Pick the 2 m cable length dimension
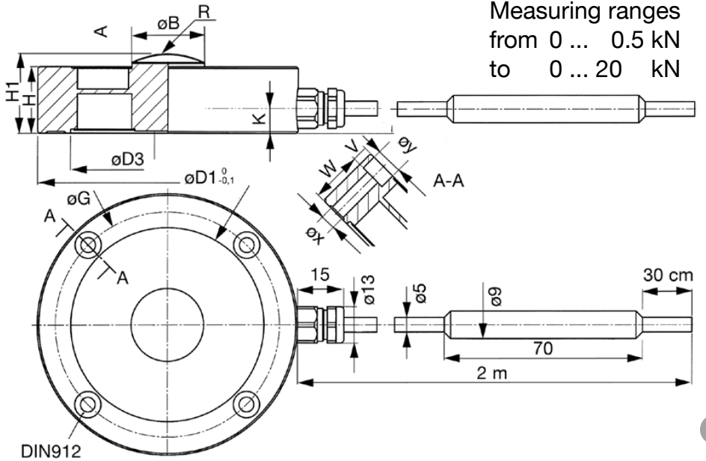pos(491,372)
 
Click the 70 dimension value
pos(544,347)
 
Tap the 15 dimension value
pos(319,275)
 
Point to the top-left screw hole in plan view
pos(90,245)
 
